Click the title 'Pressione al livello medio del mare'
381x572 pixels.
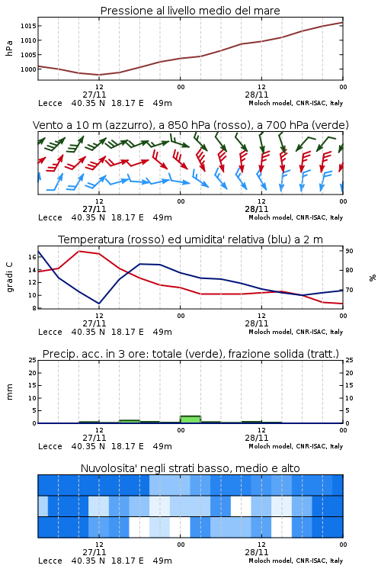click(190, 11)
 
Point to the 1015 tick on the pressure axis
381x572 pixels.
click(28, 26)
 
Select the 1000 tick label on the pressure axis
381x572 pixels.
click(28, 69)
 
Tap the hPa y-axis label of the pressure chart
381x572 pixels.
click(9, 48)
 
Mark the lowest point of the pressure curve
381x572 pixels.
click(99, 75)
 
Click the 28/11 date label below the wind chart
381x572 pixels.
click(256, 210)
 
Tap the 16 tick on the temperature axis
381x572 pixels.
click(32, 257)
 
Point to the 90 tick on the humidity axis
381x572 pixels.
click(349, 251)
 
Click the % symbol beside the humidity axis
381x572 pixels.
click(373, 278)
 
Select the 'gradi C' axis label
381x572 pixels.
click(9, 277)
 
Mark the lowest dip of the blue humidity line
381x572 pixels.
click(99, 303)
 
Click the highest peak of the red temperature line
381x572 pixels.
click(79, 251)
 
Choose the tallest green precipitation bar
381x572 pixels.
click(190, 419)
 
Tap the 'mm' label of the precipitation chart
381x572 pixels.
click(9, 392)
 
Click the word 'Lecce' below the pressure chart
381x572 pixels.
click(50, 103)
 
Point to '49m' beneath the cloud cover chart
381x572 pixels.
click(162, 561)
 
